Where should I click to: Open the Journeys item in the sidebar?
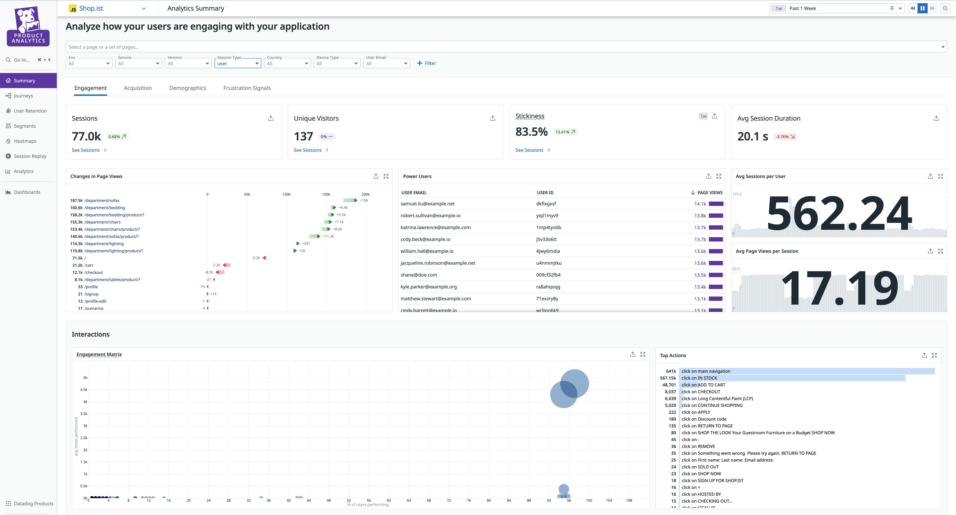(23, 96)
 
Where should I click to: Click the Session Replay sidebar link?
(30, 156)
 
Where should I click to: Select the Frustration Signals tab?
(247, 88)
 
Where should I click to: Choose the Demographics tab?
(187, 88)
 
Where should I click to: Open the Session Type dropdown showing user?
(238, 63)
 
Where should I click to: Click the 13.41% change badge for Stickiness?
(565, 132)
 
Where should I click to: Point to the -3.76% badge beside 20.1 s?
(785, 137)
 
